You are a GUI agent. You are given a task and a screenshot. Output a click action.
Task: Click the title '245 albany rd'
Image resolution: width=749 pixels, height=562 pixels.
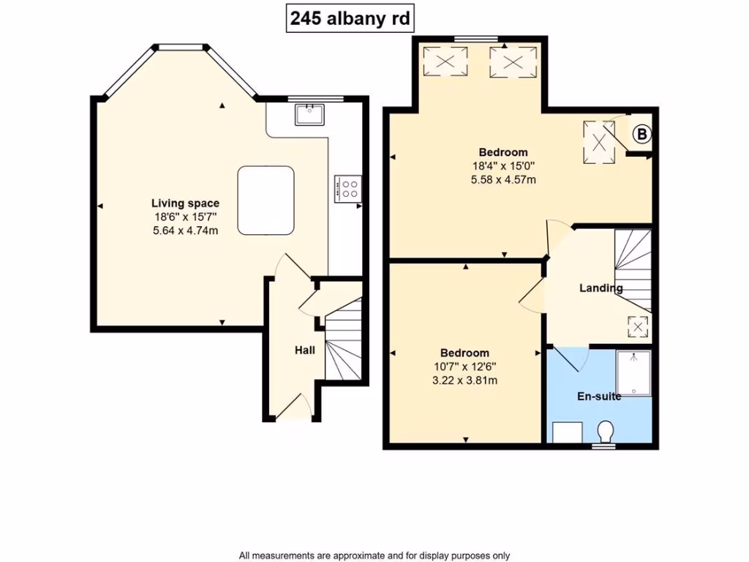(x=351, y=19)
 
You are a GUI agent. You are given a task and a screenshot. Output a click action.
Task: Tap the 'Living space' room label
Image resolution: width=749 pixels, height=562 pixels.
(x=185, y=203)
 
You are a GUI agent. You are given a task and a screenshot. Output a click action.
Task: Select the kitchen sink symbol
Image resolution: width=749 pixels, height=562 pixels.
(x=310, y=114)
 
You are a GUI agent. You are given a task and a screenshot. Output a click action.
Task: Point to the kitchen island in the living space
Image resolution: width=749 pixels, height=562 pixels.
(x=266, y=200)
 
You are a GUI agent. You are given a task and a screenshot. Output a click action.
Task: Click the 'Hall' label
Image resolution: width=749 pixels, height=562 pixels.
(x=304, y=351)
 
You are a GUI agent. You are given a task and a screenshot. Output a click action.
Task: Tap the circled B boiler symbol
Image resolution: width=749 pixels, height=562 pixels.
(x=641, y=135)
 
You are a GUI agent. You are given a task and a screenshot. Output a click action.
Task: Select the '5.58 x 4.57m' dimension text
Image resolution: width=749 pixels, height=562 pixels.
(x=503, y=179)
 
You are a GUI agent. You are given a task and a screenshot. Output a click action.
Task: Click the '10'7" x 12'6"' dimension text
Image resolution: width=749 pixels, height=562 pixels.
(x=464, y=367)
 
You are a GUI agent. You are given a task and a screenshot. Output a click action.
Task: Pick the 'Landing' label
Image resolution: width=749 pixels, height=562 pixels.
(x=601, y=288)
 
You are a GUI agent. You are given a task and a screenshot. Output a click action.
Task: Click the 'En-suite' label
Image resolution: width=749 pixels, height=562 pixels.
(x=599, y=397)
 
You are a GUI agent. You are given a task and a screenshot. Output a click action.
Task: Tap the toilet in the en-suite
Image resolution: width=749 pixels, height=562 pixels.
(x=605, y=432)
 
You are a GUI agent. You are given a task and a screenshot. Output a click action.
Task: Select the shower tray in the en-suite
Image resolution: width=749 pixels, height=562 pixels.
(x=633, y=372)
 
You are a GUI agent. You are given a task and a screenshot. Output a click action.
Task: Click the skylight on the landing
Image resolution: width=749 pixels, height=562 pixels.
(x=637, y=327)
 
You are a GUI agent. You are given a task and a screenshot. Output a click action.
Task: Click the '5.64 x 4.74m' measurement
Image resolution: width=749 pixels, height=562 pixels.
(x=185, y=231)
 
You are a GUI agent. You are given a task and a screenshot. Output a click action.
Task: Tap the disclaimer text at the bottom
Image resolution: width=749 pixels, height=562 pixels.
(x=374, y=555)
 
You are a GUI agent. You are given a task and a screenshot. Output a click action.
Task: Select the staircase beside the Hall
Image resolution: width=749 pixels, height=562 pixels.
(x=343, y=342)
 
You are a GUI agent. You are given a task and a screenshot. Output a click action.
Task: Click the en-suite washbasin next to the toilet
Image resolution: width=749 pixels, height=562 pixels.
(x=566, y=432)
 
